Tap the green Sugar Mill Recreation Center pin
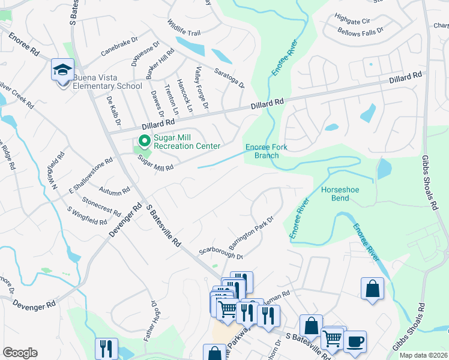[x=144, y=141]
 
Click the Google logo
[x=20, y=353]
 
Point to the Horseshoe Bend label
[x=340, y=194]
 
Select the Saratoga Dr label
[x=229, y=78]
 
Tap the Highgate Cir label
[x=354, y=21]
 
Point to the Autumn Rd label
[x=114, y=190]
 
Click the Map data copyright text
[x=423, y=354]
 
